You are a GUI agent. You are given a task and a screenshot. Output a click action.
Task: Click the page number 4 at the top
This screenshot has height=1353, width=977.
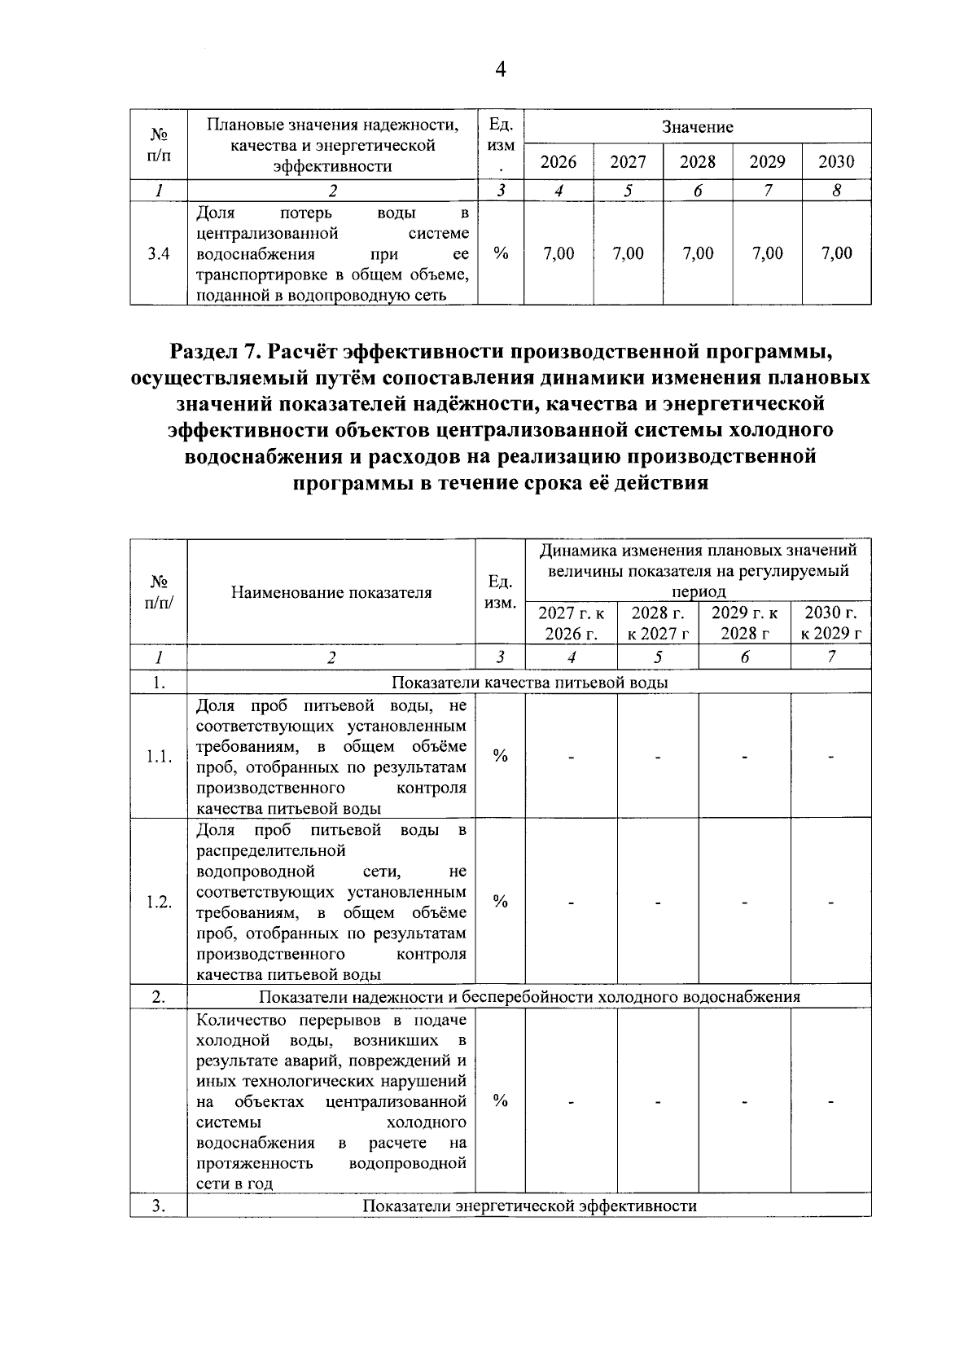point(500,71)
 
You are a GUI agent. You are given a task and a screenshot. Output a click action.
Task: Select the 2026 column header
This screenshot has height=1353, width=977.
point(559,161)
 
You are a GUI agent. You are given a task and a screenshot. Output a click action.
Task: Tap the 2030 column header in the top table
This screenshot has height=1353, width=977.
point(836,161)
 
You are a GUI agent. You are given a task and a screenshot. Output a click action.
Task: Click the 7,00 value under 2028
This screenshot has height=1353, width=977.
point(698,253)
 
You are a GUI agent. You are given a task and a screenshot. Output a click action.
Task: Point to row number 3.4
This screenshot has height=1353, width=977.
point(159,253)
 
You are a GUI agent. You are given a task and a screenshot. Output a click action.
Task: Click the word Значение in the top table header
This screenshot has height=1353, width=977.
point(697,127)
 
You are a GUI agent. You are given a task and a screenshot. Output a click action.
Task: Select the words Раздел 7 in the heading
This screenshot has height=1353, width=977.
point(217,352)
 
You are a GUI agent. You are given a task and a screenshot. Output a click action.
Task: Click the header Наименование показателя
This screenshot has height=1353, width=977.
point(331,592)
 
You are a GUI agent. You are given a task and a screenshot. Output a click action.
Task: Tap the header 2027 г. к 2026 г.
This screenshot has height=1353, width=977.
point(572,623)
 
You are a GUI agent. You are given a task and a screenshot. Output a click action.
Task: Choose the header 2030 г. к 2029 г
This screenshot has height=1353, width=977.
point(831,623)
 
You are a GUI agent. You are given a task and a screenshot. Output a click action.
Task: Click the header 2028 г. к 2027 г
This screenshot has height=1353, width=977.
point(659,623)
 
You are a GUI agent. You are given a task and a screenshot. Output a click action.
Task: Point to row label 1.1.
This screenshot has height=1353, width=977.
point(159,757)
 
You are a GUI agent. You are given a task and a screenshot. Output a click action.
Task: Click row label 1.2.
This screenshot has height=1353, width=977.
point(159,903)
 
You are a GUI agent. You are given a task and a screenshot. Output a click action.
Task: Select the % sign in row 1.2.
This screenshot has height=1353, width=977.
point(501,901)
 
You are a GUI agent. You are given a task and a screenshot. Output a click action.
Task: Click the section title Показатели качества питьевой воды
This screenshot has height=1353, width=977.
point(529,683)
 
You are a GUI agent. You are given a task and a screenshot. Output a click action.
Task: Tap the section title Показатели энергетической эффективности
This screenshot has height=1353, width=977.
point(529,1206)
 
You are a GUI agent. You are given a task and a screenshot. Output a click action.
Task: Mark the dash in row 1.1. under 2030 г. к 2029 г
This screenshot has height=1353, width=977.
point(831,758)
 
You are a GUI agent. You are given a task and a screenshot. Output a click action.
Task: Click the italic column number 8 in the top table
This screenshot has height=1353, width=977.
point(836,191)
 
